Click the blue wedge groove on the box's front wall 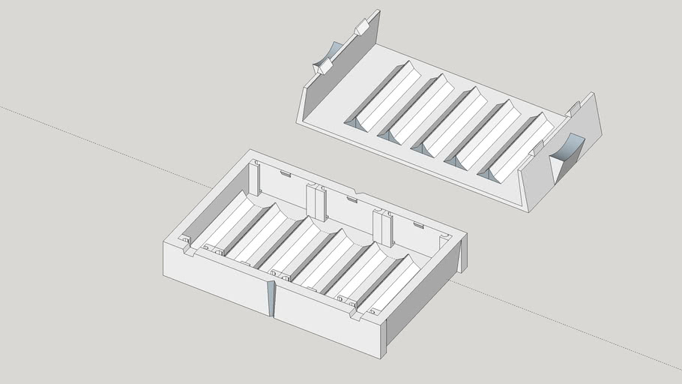click(x=271, y=299)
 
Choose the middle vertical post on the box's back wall click(x=316, y=202)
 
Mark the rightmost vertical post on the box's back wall click(x=384, y=228)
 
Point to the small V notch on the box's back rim click(x=357, y=196)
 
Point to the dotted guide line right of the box click(x=570, y=329)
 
